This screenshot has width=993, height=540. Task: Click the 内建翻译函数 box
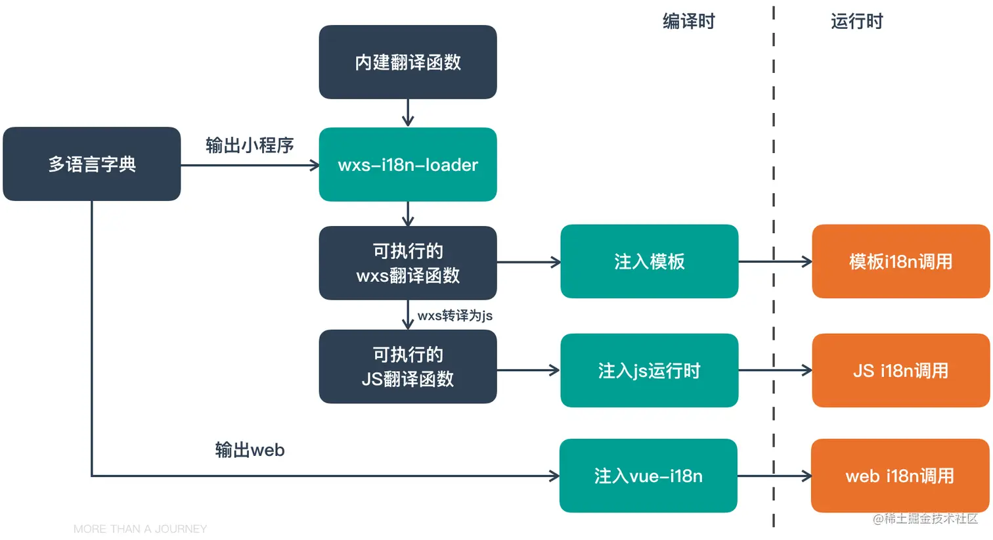[x=407, y=62]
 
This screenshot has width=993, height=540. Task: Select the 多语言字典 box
[x=91, y=164]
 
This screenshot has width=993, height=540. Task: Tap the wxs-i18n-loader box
[x=407, y=164]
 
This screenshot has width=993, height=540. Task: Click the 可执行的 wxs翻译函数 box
[x=407, y=263]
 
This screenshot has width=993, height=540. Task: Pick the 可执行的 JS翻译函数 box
[x=407, y=367]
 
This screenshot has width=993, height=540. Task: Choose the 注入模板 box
[x=649, y=261]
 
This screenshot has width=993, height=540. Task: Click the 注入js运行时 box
[x=649, y=371]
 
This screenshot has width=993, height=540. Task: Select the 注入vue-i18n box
[x=648, y=476]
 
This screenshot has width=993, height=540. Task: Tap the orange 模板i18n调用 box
[x=900, y=261]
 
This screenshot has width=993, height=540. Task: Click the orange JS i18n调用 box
[x=900, y=371]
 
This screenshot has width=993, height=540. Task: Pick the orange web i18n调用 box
[x=900, y=476]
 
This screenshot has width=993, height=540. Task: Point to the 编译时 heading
[x=688, y=22]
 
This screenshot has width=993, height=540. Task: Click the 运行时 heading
[x=856, y=22]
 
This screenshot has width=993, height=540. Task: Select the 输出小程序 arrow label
[x=250, y=145]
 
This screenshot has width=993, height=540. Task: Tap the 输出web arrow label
[x=250, y=450]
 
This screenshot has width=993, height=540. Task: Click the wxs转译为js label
[x=454, y=315]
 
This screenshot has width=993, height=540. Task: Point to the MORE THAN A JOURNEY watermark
[x=140, y=529]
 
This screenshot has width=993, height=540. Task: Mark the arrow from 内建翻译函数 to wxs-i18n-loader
[x=408, y=112]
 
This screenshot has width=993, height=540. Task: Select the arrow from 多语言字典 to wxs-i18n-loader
[x=250, y=166]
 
